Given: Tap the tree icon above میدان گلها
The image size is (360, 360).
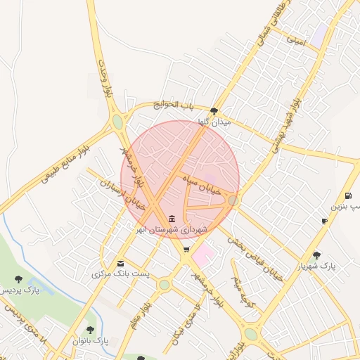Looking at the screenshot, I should [214, 110].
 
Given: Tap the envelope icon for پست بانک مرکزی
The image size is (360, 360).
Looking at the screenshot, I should [120, 264].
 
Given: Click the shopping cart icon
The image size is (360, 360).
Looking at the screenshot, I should [186, 249].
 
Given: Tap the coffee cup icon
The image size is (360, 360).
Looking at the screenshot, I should [324, 221].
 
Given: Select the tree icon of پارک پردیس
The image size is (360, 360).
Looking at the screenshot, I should [18, 279].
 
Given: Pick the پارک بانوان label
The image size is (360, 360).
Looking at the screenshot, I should [91, 341].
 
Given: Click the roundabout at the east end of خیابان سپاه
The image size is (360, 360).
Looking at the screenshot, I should [233, 201].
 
